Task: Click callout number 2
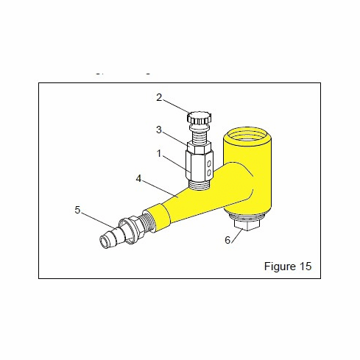point(158,97)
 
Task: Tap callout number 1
point(158,153)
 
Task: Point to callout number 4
point(138,178)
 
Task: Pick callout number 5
point(77,210)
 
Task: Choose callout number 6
point(227,239)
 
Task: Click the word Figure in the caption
point(279,267)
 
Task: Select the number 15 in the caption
point(306,267)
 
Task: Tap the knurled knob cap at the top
point(198,118)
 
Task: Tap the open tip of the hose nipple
point(104,241)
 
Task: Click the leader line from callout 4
point(160,188)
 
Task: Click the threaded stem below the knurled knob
point(198,133)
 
